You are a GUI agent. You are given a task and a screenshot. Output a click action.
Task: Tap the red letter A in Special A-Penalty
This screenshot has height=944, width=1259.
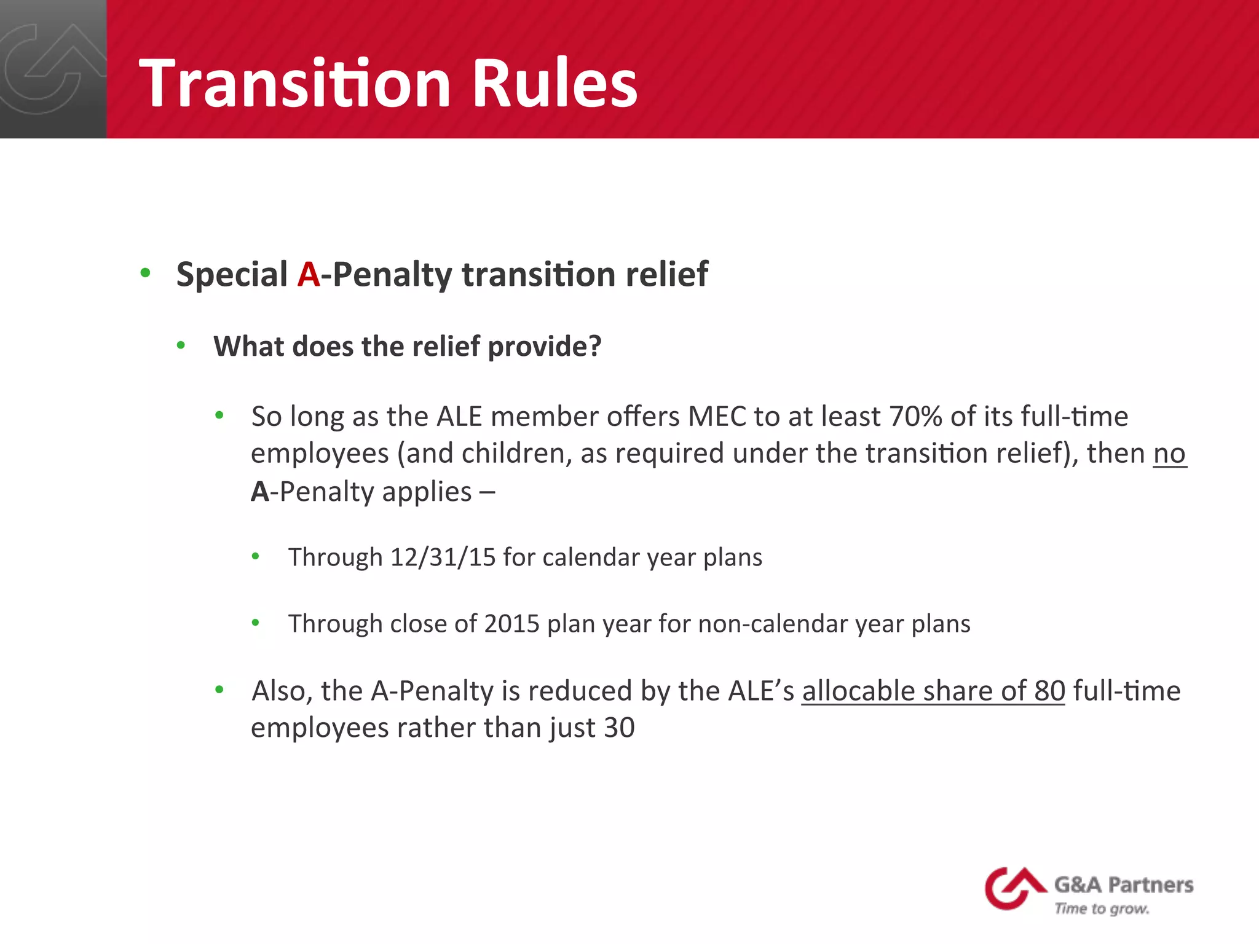[x=309, y=274]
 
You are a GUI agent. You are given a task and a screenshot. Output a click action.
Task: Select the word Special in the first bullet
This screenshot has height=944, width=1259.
[x=232, y=274]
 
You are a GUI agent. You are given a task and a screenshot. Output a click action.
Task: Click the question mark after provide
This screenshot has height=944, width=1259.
[x=594, y=346]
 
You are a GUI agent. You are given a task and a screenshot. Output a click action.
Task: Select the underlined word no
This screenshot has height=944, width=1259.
[x=1169, y=454]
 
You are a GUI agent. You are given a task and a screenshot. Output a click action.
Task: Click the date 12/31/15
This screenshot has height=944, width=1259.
[x=443, y=557]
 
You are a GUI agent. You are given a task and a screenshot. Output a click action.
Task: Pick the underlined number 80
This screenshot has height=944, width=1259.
[x=1049, y=690]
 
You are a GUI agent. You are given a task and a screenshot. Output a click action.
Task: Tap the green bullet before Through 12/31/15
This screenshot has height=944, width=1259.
[x=256, y=557]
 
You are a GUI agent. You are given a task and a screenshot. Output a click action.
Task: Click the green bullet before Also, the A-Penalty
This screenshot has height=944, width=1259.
[x=219, y=690]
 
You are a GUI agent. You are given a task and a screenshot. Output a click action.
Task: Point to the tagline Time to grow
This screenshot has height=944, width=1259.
[x=1102, y=908]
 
